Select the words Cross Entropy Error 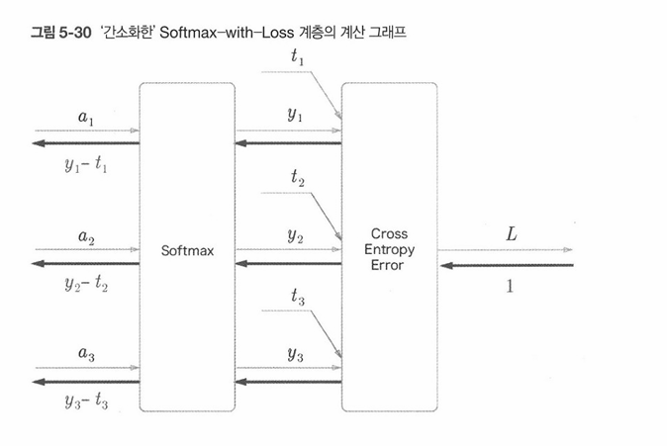[389, 249]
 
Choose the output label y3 [295, 353]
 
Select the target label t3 [298, 296]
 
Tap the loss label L [511, 234]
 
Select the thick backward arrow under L [506, 265]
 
